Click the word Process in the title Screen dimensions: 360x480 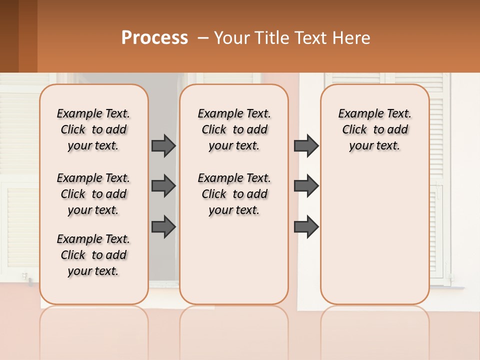coord(154,38)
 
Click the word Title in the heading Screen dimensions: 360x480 coord(268,38)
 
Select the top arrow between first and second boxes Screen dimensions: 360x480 coord(163,145)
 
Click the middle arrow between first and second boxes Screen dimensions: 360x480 coord(163,186)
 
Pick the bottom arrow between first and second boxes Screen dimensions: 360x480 coord(163,227)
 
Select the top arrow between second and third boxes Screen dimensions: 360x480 coord(306,145)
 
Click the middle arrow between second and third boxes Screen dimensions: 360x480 coord(306,186)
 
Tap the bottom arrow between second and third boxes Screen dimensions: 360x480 coord(306,227)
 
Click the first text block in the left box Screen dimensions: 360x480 coord(93,129)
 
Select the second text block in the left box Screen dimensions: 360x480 coord(93,194)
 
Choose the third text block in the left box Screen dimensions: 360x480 coord(93,255)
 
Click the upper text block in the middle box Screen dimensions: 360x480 coord(234,129)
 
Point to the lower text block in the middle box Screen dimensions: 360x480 coord(234,194)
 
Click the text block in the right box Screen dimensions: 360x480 coord(375,129)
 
